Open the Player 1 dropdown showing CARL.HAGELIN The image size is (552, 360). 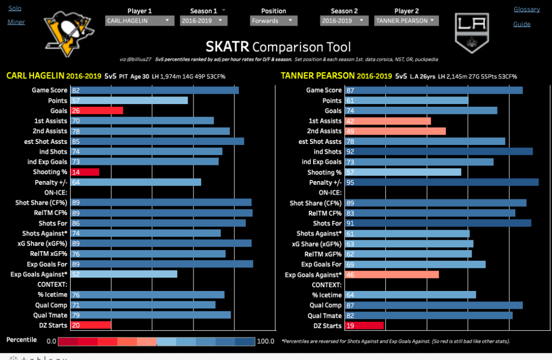(140, 20)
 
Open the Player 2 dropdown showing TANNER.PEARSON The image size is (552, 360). (406, 20)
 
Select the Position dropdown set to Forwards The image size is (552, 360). (273, 20)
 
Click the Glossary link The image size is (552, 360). (526, 9)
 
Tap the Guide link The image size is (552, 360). (522, 24)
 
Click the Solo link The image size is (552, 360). (15, 9)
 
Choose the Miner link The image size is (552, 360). (16, 22)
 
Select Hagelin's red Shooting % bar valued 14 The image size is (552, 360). (85, 172)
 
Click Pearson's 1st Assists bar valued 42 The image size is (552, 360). (388, 121)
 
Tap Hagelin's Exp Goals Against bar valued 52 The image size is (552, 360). (124, 274)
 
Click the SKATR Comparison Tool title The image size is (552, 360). (278, 47)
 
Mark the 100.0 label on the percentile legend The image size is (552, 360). (266, 341)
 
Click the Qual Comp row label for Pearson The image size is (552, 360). (325, 306)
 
